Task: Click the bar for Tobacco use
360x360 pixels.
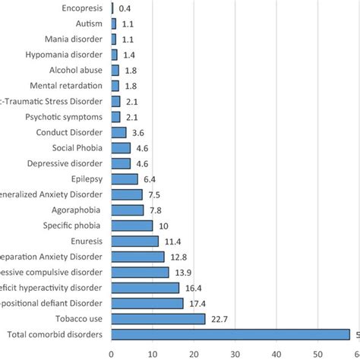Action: pyautogui.click(x=158, y=319)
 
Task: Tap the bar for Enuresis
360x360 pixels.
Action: pyautogui.click(x=134, y=241)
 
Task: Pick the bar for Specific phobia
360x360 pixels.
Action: pyautogui.click(x=132, y=226)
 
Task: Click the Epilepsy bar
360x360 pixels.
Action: pyautogui.click(x=125, y=178)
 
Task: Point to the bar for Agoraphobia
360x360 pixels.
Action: pyautogui.click(x=128, y=210)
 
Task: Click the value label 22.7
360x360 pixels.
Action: pyautogui.click(x=218, y=319)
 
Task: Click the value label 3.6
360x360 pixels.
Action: pyautogui.click(x=138, y=132)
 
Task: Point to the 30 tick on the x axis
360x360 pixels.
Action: pyautogui.click(x=235, y=352)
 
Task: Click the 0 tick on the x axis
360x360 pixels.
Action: pyautogui.click(x=112, y=352)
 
